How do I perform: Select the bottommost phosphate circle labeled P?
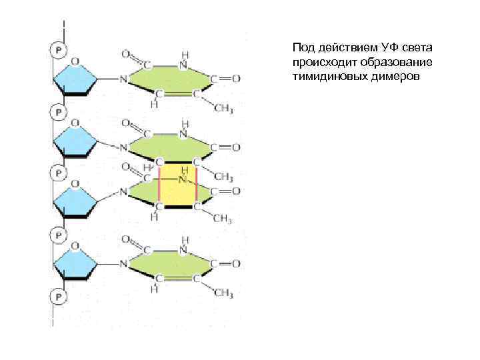coord(58,295)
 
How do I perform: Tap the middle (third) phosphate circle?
coord(58,173)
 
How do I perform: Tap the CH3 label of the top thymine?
coord(223,108)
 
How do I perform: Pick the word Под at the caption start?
coord(302,48)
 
